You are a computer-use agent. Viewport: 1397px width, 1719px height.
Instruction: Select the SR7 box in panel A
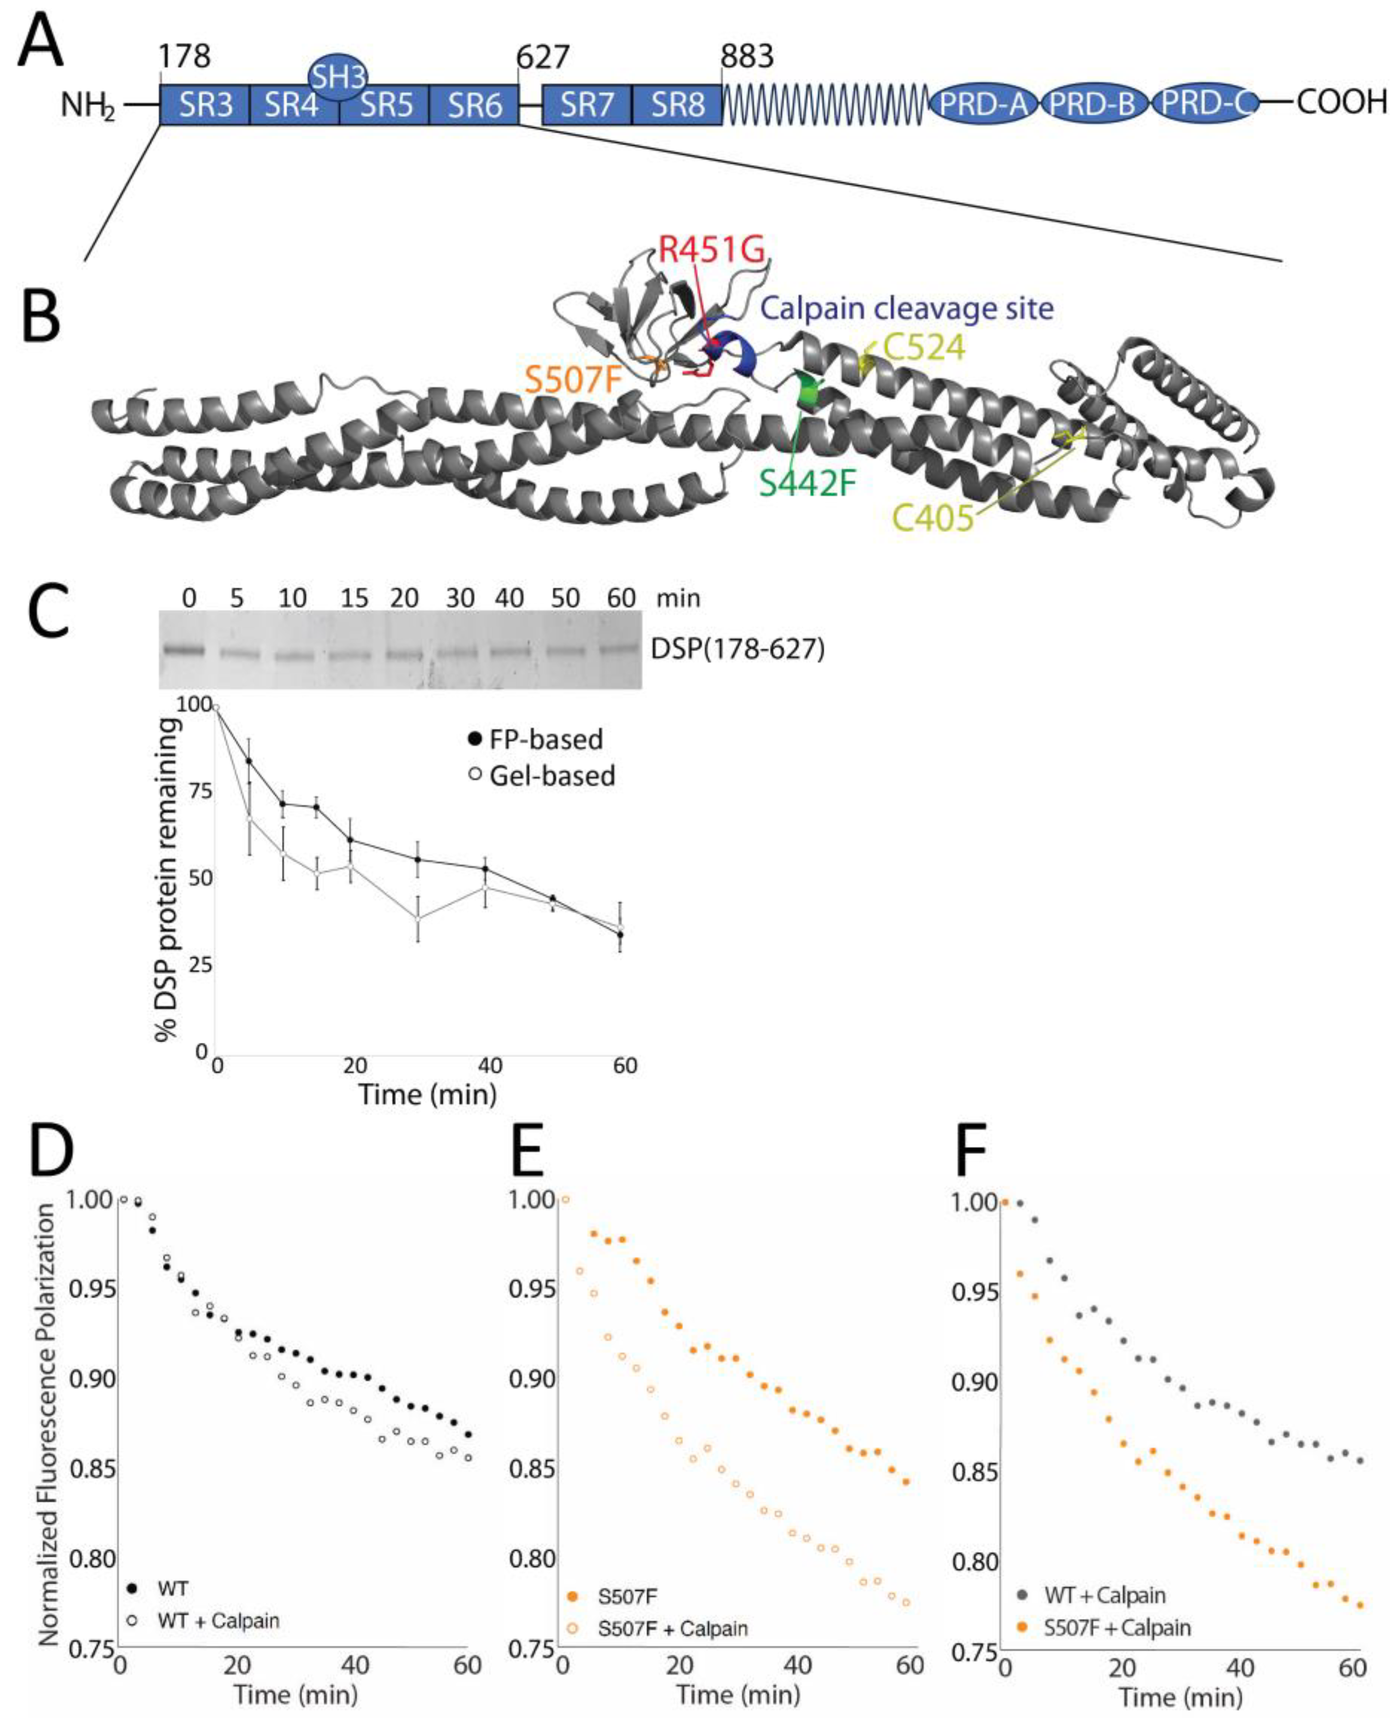587,105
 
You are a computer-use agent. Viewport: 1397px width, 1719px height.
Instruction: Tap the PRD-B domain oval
1092,105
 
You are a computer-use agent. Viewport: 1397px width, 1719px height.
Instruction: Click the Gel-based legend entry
552,776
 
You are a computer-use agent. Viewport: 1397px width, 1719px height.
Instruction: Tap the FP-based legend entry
545,739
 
